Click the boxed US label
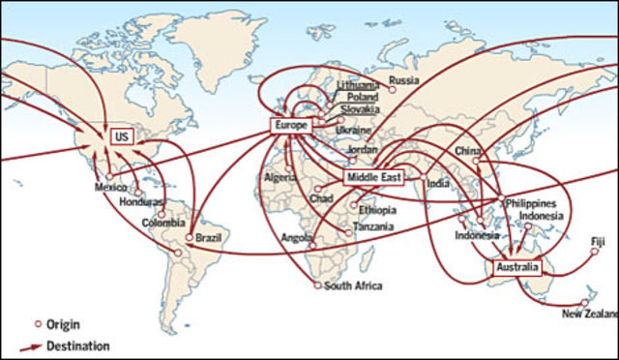121,137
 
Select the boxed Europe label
290,127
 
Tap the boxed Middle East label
371,178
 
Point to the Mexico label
111,187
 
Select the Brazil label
210,235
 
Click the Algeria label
280,178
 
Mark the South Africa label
353,285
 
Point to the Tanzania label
373,226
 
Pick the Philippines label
530,204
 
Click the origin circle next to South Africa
317,285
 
